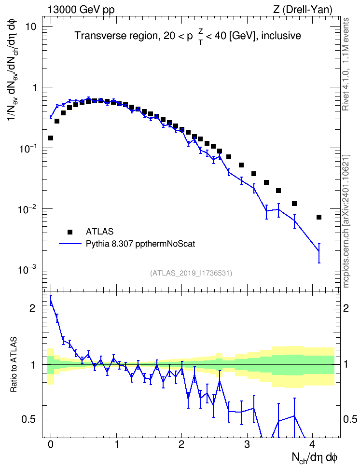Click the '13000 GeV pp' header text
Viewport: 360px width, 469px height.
pos(81,10)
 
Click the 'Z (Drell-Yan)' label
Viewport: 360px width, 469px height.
pos(303,10)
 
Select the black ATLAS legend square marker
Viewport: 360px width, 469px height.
pos(70,232)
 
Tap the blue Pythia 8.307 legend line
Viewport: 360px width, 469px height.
pos(70,244)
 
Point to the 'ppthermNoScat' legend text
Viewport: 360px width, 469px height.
pos(165,244)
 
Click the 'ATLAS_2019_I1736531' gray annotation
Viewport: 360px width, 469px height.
pos(191,273)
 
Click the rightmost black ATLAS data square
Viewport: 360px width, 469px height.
pos(319,217)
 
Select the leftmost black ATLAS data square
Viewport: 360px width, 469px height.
pos(51,138)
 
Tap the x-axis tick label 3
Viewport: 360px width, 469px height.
pos(247,444)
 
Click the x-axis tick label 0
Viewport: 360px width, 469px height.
pos(51,444)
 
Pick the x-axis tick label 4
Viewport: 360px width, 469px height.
pos(312,444)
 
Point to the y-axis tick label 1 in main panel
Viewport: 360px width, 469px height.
pos(34,88)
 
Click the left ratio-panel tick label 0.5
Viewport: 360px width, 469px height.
pos(29,420)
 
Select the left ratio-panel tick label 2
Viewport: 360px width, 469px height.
pos(33,308)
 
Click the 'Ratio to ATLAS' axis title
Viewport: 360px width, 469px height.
pos(14,364)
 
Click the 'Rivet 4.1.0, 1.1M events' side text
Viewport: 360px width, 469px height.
pos(346,64)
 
